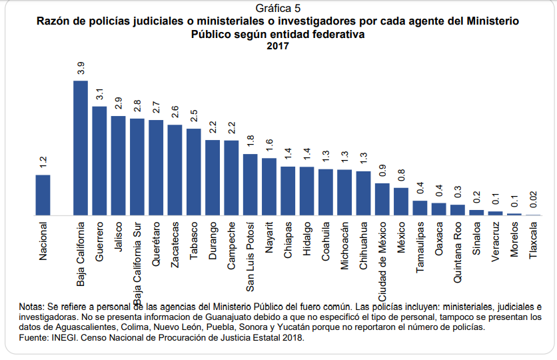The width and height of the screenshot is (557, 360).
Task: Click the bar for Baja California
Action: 81,148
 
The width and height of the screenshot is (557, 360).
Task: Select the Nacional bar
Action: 43,195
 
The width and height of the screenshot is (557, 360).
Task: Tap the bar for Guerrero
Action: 99,161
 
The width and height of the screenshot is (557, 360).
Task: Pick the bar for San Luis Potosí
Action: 251,185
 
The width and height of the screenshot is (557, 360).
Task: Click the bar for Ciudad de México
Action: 382,199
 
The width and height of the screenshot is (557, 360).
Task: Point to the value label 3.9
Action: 81,67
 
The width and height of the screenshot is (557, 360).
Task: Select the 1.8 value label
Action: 251,141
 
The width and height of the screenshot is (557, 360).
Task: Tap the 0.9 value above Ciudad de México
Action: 382,170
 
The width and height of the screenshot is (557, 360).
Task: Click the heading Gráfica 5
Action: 278,9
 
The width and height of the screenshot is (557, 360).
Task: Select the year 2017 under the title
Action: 278,47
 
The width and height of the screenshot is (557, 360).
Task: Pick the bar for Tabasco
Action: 194,172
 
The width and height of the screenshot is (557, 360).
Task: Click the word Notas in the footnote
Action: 32,307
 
